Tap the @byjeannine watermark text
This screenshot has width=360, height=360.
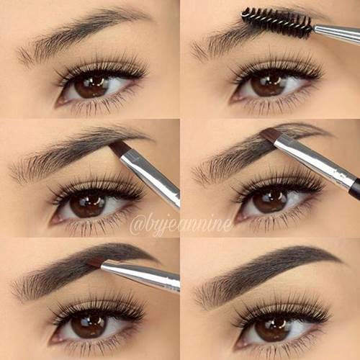click(x=181, y=225)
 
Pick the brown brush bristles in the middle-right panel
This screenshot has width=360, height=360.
click(x=271, y=136)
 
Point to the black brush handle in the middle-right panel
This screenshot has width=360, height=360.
click(x=355, y=188)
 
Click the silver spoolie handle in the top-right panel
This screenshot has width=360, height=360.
click(x=337, y=35)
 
